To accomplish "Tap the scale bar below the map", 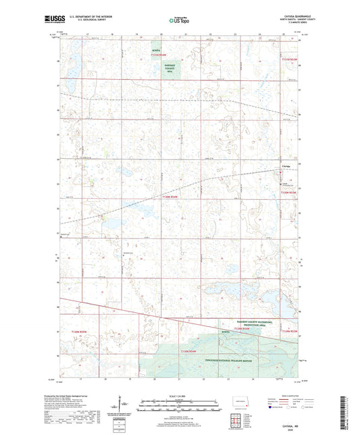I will point(180,407).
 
